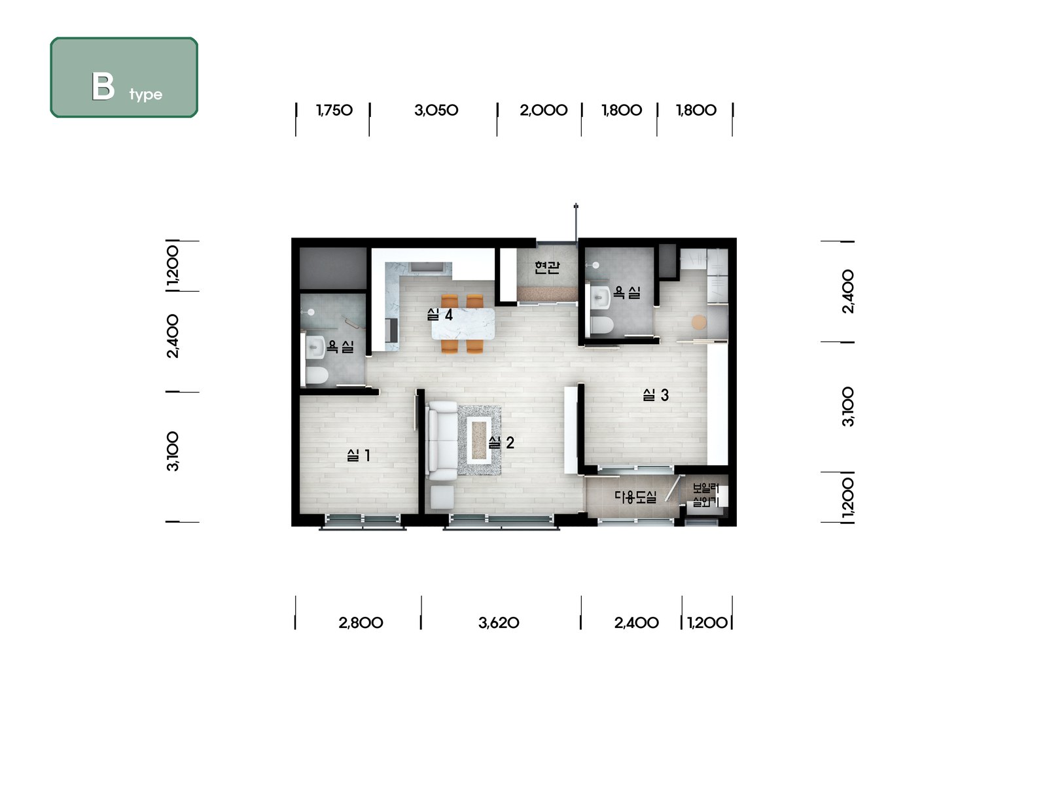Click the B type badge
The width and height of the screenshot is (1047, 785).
pyautogui.click(x=124, y=77)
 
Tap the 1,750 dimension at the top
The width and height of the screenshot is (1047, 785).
pyautogui.click(x=334, y=111)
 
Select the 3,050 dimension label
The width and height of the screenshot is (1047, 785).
pyautogui.click(x=436, y=111)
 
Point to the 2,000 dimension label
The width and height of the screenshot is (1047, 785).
pyautogui.click(x=543, y=111)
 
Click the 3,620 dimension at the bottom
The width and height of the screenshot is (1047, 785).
pyautogui.click(x=499, y=623)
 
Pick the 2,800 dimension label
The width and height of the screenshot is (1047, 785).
pyautogui.click(x=361, y=623)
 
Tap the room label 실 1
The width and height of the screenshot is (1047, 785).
pyautogui.click(x=358, y=456)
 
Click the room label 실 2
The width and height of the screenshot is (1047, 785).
pyautogui.click(x=501, y=443)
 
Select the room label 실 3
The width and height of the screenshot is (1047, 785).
pyautogui.click(x=656, y=394)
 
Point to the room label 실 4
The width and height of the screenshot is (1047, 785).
pyautogui.click(x=440, y=315)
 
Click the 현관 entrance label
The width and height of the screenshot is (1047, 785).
pyautogui.click(x=546, y=268)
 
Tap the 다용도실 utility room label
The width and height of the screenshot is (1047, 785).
pyautogui.click(x=635, y=497)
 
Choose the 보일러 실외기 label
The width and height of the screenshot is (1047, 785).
pyautogui.click(x=705, y=495)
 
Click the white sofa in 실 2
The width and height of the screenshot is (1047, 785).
pyautogui.click(x=443, y=440)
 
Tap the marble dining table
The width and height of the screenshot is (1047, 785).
pyautogui.click(x=463, y=324)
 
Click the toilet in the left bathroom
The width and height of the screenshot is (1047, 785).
pyautogui.click(x=316, y=375)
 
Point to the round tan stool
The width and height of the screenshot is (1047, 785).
pyautogui.click(x=700, y=323)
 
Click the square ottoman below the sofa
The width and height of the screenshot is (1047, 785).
pyautogui.click(x=442, y=497)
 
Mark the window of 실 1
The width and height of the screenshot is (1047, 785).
pyautogui.click(x=363, y=521)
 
